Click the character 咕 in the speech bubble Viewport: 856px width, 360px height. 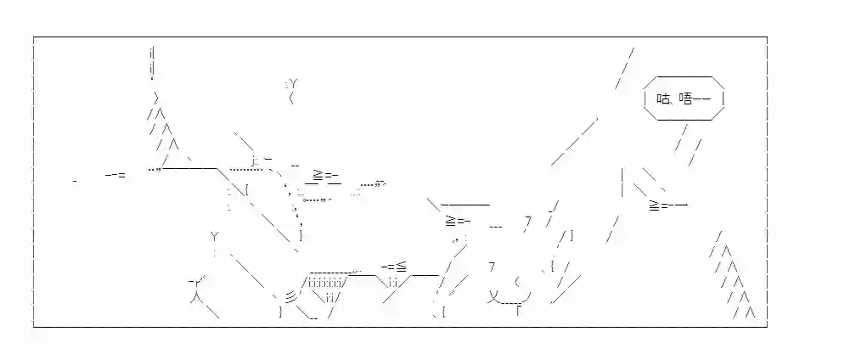(662, 98)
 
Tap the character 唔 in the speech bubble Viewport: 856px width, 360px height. (685, 98)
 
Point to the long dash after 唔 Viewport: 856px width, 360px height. (701, 98)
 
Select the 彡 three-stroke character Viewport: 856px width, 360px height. (291, 296)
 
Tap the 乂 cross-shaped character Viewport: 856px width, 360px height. (493, 296)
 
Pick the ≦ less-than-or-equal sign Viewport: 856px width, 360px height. (401, 267)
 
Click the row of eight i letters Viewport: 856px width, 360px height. (325, 283)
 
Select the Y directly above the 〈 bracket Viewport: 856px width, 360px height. (293, 84)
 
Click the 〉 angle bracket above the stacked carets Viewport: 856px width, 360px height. (156, 98)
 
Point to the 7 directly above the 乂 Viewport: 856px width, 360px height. (492, 267)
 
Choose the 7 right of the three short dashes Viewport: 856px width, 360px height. (528, 221)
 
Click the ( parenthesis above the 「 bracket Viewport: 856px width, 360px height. (517, 282)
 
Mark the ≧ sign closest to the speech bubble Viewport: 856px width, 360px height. (655, 205)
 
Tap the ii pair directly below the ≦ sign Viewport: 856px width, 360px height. (392, 283)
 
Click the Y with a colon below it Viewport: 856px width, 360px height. (215, 237)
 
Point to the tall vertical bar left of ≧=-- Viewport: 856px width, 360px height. (622, 183)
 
